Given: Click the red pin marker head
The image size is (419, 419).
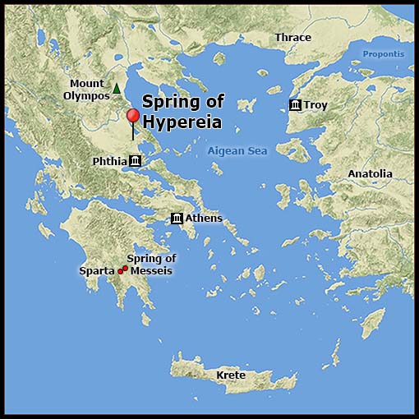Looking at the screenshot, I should (x=132, y=116).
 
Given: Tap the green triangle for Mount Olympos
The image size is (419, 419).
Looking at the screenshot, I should (x=117, y=88).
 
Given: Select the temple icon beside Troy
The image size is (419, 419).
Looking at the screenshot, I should (x=295, y=105).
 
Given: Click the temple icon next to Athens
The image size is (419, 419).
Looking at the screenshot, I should (x=177, y=218).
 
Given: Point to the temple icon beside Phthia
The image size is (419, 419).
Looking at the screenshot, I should (x=136, y=161).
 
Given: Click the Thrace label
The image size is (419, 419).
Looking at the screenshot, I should (x=293, y=38).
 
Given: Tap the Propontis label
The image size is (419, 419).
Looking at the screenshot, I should (x=384, y=54).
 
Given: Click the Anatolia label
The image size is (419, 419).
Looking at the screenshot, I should (x=370, y=174).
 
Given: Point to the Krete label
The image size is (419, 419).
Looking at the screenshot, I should (x=231, y=375).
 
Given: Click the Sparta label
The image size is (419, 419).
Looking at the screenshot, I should (x=97, y=270).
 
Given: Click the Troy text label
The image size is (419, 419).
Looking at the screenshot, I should (x=315, y=105).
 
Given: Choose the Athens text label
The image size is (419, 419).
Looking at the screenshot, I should (x=204, y=218).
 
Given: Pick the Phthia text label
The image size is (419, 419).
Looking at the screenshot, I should (x=109, y=161).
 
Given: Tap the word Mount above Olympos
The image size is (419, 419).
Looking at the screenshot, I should (x=87, y=84).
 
